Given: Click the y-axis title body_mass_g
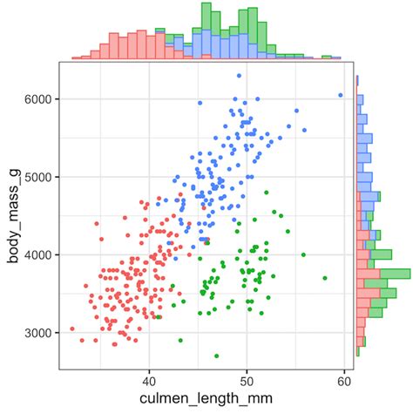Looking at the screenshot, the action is [x=14, y=216].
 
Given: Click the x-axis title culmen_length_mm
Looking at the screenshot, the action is [x=206, y=398].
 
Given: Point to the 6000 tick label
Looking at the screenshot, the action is [x=37, y=99].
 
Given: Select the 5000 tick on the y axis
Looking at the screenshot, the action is [x=37, y=177].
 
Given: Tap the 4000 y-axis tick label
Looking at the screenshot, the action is [x=37, y=255].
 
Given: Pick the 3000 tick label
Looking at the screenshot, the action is [x=37, y=333].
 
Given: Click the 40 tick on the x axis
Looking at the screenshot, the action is [x=149, y=382].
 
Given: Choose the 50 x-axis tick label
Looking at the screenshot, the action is [x=247, y=382].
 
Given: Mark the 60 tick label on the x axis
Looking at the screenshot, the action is [x=344, y=382].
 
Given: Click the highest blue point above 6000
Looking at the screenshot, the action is [x=239, y=76].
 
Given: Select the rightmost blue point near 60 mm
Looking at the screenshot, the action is [x=341, y=95].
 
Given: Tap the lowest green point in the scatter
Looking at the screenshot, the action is [x=216, y=355].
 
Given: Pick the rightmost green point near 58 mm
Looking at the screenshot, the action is [x=325, y=278].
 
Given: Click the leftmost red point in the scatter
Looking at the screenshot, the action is [x=72, y=328].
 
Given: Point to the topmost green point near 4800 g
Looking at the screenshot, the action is [x=267, y=193].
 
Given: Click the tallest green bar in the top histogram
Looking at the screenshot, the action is [x=206, y=17].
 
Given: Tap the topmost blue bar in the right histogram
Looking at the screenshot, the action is [x=357, y=80].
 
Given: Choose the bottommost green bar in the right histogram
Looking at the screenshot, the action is [x=358, y=351].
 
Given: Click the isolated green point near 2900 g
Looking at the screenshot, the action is [x=180, y=341].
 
